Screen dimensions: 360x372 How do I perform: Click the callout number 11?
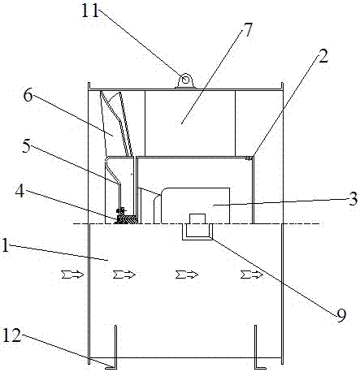pos(90,11)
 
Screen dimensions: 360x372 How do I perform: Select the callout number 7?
pos(247,29)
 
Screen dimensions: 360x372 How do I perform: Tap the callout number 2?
pos(323,56)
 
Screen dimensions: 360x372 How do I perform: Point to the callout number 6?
pos(28,95)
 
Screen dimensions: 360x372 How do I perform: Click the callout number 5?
pos(26,146)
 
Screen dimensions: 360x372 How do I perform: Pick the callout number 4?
pos(20,192)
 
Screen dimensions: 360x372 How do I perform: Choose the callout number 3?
pos(353,199)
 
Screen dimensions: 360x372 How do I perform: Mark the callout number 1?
pos(5,245)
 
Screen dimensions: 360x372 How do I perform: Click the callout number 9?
pos(341,315)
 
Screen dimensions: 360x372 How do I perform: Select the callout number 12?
pos(11,335)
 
